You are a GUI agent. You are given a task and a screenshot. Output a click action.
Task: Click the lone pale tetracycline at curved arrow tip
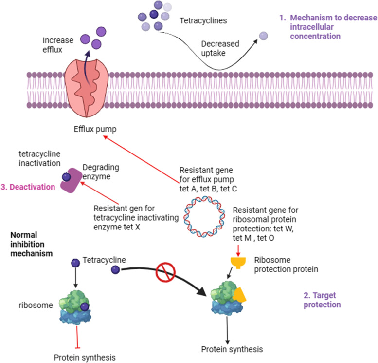tap(263, 36)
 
